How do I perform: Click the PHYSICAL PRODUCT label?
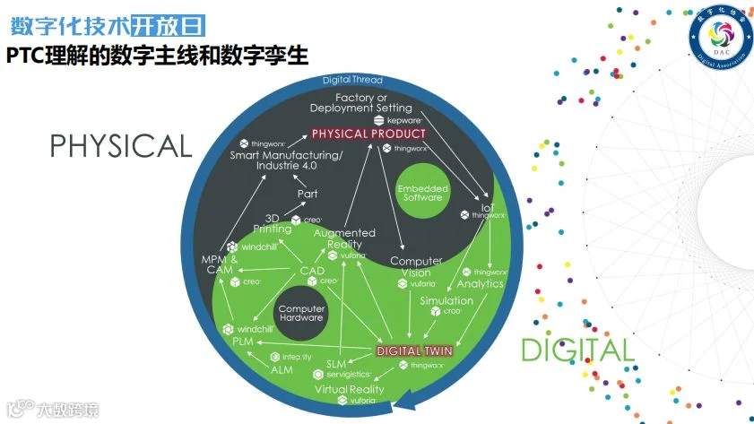pos(368,134)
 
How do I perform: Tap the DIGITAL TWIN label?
pos(413,350)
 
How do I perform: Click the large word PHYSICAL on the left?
pos(121,146)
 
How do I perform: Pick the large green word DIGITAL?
pos(577,350)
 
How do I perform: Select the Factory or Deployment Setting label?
pos(361,102)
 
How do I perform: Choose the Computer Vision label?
pos(416,267)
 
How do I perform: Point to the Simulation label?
pos(446,300)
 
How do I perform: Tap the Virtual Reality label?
pos(349,390)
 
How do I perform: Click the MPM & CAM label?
pos(220,265)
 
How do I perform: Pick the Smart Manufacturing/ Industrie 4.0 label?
pos(274,160)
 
